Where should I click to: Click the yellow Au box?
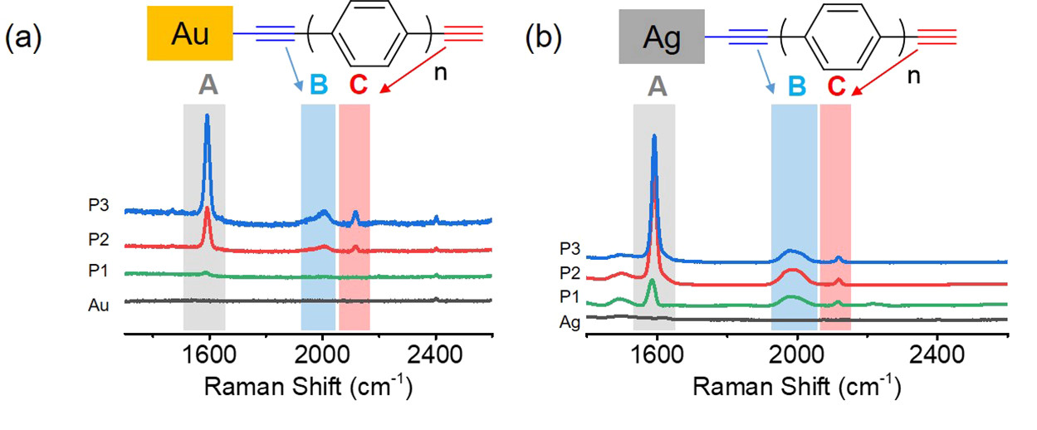coord(190,35)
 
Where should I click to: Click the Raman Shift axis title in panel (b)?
coord(796,388)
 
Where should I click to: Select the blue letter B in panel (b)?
coord(796,86)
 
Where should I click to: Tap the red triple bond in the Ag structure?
coord(937,37)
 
